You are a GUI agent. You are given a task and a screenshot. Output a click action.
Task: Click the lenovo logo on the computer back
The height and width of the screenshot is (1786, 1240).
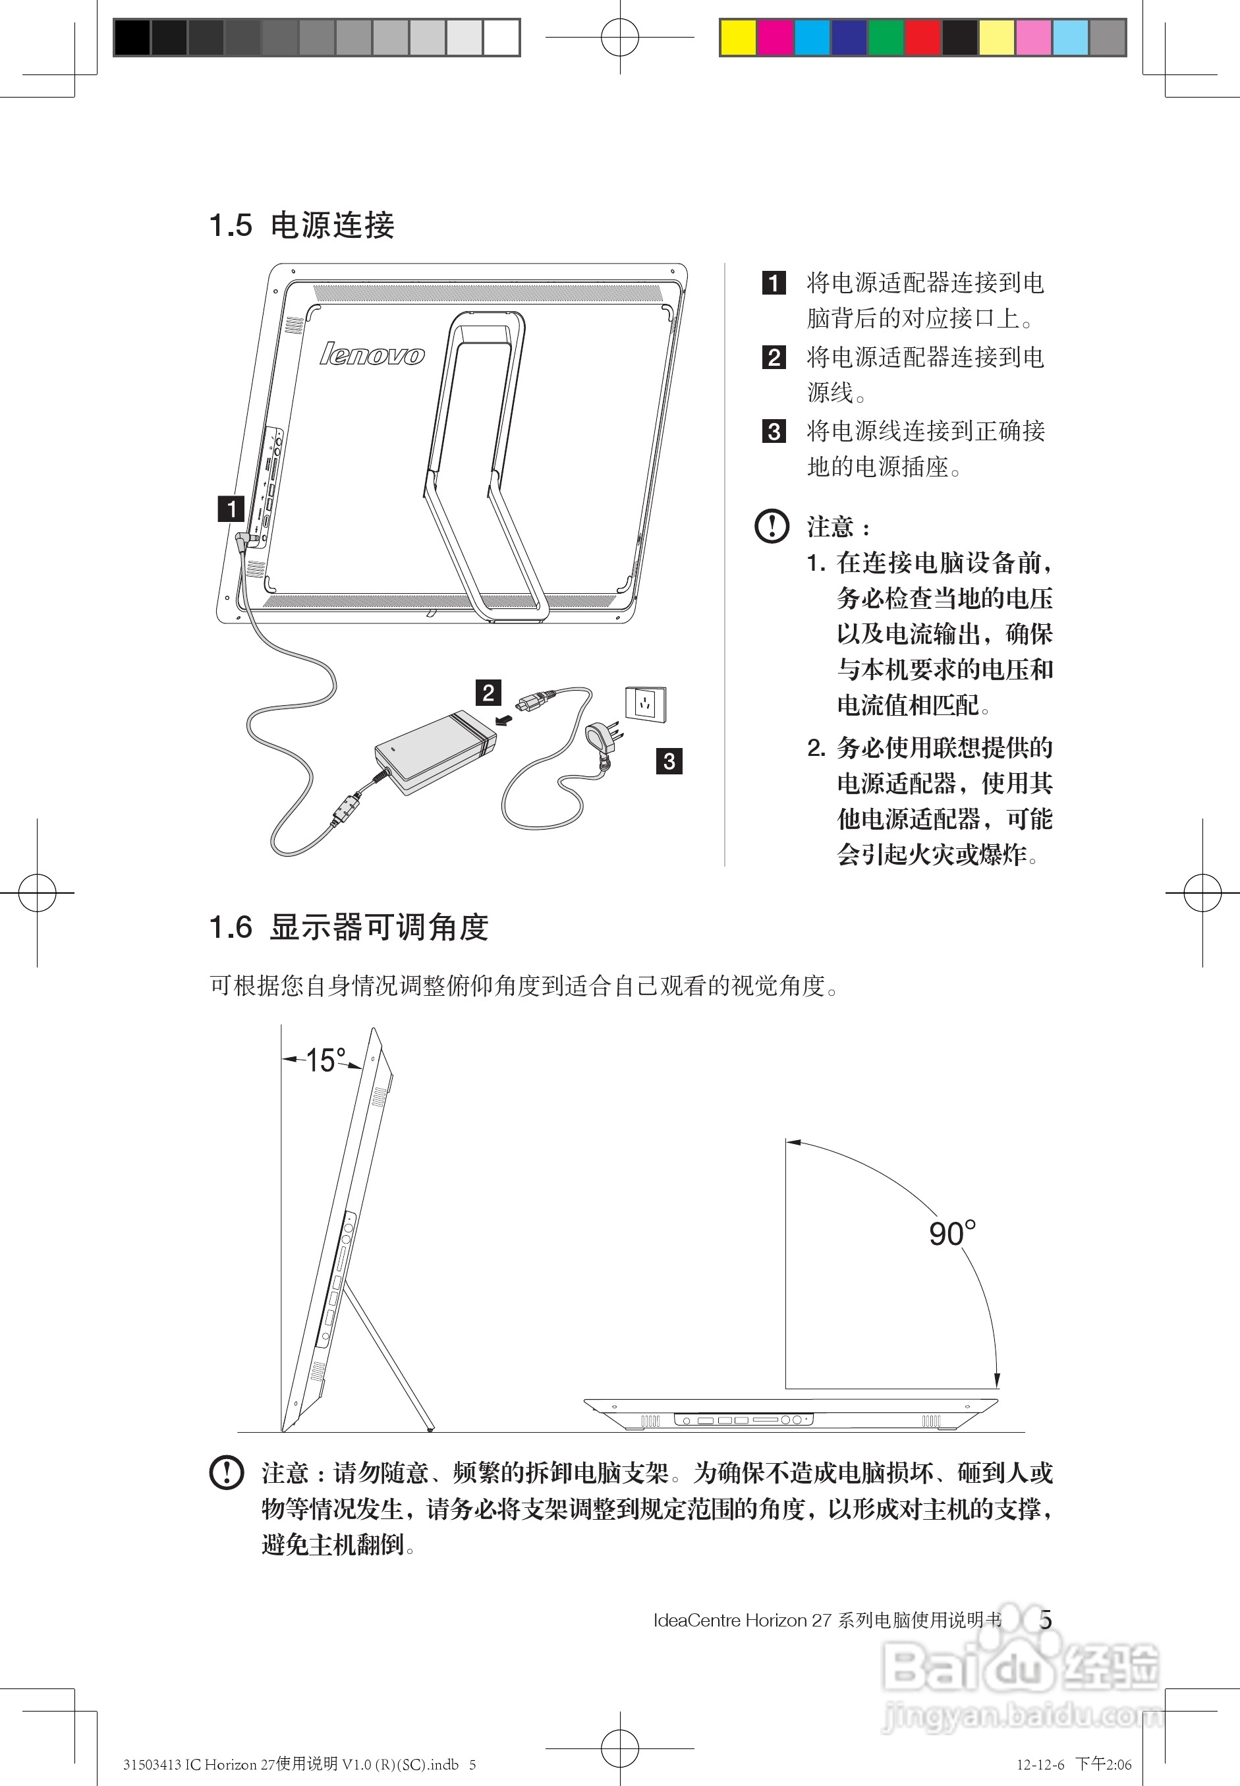point(372,355)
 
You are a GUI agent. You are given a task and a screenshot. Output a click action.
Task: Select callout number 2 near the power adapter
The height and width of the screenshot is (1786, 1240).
point(488,692)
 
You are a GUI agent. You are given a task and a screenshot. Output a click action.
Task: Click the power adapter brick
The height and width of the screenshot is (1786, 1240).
point(435,750)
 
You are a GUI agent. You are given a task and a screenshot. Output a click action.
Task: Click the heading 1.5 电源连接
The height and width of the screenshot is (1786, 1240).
point(302,225)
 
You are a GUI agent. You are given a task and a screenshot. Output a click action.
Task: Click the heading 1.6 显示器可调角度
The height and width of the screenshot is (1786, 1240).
point(349,927)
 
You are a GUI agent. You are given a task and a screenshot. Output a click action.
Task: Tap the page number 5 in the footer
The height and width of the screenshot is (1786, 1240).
point(1045,1621)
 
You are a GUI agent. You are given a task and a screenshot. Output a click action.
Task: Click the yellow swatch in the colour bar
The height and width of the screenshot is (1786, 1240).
point(738,38)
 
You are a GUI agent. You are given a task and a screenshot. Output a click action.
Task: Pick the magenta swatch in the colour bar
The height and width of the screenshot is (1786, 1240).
point(775,38)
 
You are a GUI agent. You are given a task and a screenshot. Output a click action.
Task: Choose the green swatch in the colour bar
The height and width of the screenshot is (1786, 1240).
point(886,38)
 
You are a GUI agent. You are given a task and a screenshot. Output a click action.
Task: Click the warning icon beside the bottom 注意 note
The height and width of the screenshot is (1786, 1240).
point(226,1472)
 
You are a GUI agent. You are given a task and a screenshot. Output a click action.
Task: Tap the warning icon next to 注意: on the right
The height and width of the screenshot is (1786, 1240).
point(772,526)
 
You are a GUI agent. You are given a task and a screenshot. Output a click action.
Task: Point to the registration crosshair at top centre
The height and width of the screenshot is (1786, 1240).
point(620,36)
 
